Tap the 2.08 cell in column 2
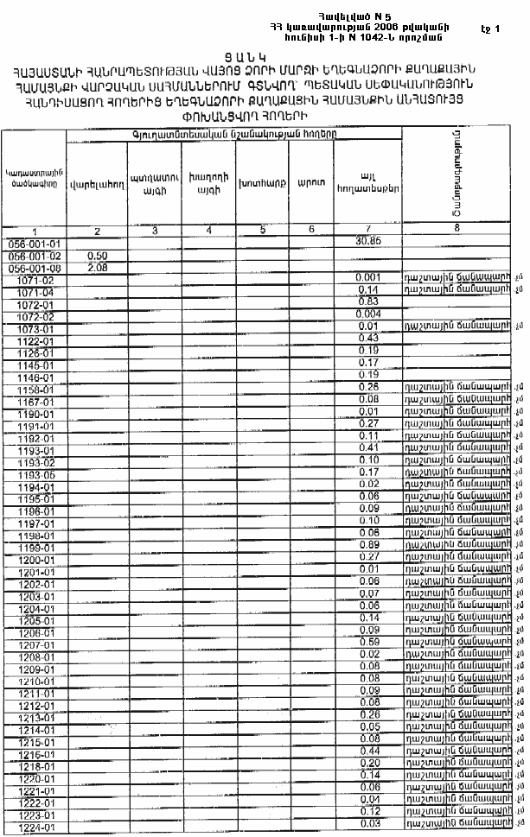[98, 269]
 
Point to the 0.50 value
[98, 257]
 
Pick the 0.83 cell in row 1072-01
[368, 301]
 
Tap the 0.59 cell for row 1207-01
[368, 642]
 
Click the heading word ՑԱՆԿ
[265, 53]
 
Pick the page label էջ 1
[490, 29]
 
